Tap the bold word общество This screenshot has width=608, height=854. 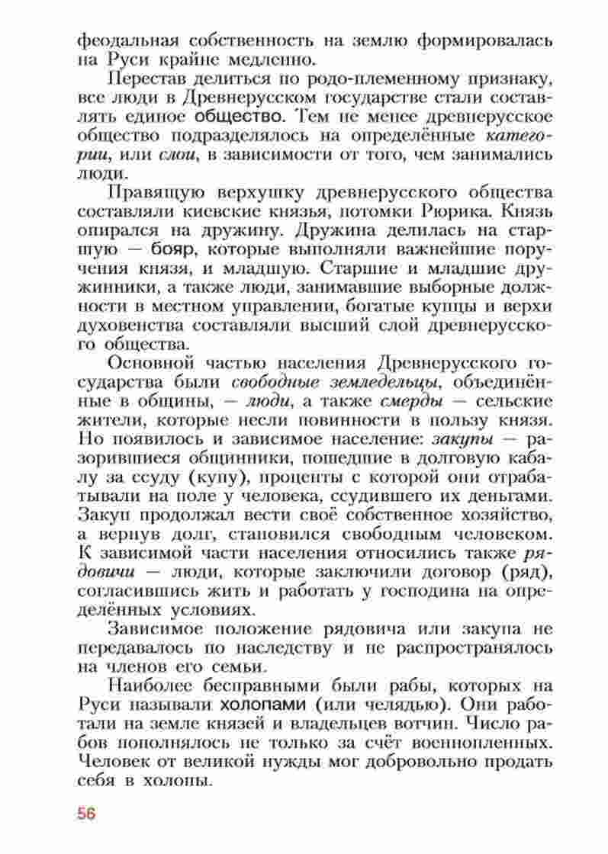pos(241,117)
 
